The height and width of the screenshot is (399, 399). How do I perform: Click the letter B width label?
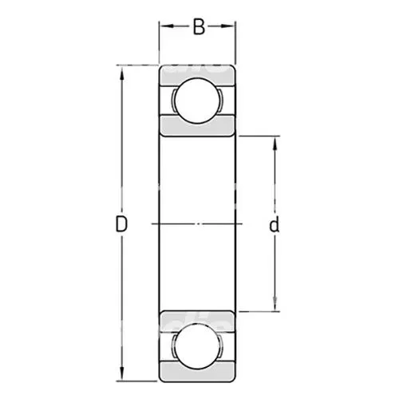tap(199, 26)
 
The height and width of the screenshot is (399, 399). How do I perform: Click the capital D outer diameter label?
tap(121, 224)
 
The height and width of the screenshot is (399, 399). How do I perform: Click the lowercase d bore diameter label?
tap(274, 224)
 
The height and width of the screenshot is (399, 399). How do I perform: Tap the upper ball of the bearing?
tap(197, 101)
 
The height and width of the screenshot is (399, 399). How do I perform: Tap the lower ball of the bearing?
tap(197, 346)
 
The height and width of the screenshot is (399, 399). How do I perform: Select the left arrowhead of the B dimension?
tap(166, 26)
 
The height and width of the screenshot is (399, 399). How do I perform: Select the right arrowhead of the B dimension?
tap(229, 26)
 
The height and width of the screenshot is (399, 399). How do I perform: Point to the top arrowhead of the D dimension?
tap(122, 73)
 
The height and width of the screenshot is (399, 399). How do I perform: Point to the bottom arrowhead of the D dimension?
tap(122, 374)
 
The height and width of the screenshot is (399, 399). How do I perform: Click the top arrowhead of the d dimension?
tap(275, 144)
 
